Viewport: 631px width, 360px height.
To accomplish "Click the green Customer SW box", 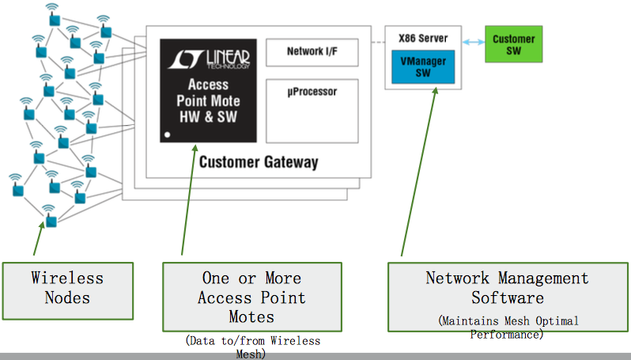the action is (513, 44).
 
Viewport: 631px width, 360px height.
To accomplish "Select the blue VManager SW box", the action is (423, 66).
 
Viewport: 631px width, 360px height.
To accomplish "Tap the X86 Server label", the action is (423, 38).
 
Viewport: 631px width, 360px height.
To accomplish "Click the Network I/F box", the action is (312, 52).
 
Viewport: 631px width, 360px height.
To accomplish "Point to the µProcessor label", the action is (312, 92).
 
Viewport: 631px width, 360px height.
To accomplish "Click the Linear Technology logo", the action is (209, 59).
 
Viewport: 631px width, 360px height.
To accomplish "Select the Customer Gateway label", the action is (259, 162).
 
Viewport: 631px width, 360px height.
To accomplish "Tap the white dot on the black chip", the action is (168, 135).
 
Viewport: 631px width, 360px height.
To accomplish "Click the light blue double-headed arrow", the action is (473, 42).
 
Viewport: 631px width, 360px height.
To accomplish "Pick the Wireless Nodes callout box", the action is (68, 291).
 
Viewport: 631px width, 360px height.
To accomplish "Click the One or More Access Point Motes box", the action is (252, 297).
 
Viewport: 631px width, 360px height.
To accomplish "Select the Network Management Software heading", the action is (507, 288).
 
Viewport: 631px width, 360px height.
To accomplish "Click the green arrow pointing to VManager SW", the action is (418, 172).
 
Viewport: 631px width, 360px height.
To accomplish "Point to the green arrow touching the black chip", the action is (188, 199).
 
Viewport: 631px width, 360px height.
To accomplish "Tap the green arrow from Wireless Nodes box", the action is (39, 238).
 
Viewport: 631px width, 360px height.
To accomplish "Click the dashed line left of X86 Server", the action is (378, 42).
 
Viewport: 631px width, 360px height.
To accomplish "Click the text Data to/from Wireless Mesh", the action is (252, 347).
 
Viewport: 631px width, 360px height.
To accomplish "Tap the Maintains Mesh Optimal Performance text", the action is (508, 328).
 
